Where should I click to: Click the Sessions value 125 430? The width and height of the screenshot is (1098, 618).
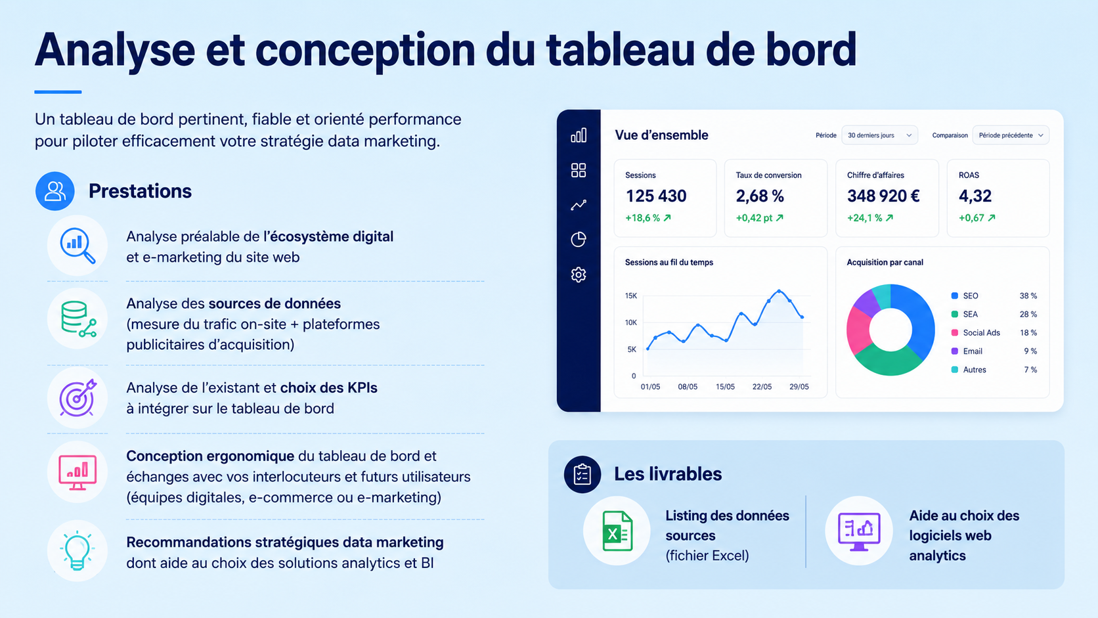[656, 196]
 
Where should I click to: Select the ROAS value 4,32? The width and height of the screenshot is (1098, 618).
[975, 196]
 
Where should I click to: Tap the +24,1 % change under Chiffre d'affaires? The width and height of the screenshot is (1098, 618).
[870, 217]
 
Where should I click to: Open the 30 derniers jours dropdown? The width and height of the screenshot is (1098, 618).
[879, 135]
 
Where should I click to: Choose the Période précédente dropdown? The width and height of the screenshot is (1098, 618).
[1011, 135]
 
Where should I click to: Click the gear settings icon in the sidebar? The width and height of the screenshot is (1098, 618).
[579, 275]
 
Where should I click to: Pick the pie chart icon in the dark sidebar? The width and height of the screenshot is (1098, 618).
[579, 239]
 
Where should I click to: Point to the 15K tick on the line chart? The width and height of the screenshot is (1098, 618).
[631, 296]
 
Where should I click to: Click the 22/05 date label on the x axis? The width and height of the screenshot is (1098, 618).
[762, 387]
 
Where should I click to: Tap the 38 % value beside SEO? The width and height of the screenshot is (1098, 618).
[1028, 296]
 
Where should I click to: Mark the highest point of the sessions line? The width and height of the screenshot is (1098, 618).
[779, 291]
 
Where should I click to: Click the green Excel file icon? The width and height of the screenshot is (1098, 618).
[617, 531]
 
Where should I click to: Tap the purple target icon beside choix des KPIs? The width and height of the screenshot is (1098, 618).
[78, 398]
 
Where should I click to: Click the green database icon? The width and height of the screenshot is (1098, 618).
[78, 319]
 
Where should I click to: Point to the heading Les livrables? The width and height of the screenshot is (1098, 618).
[668, 474]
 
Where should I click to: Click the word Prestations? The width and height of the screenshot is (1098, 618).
[140, 191]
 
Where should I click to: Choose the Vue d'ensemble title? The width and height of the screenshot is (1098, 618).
[661, 135]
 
